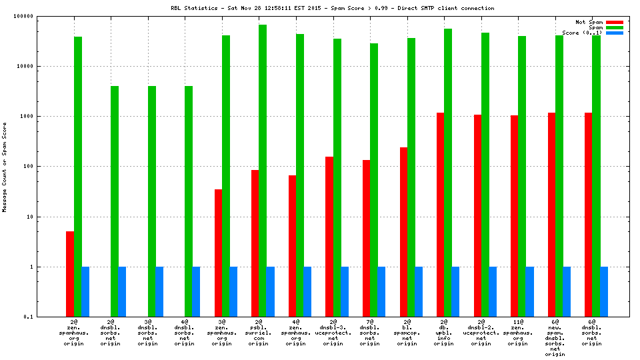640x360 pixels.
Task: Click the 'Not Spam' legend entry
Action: [589, 22]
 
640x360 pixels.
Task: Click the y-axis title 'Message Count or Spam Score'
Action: [5, 167]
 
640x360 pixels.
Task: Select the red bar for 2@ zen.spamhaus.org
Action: [70, 273]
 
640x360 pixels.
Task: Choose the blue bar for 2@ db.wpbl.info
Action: [455, 291]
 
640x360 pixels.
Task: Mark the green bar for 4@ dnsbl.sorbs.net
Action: [189, 201]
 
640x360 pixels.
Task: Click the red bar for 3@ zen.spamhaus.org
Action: [218, 253]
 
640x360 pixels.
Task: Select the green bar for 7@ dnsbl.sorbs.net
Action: [373, 179]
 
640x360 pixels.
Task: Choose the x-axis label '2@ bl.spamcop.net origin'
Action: [411, 333]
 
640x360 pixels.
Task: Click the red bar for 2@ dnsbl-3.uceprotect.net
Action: [329, 236]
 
